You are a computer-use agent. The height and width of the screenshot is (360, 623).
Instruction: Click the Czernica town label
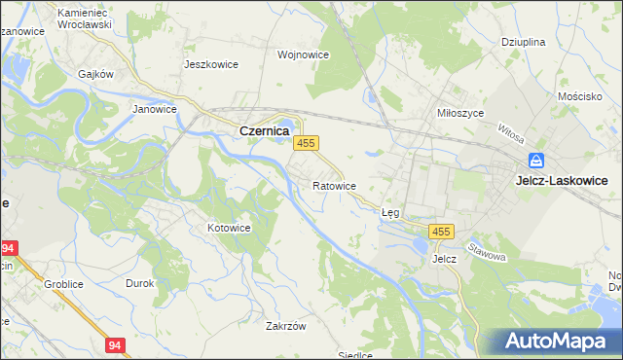pyautogui.click(x=263, y=130)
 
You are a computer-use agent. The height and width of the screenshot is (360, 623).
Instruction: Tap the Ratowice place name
pyautogui.click(x=334, y=185)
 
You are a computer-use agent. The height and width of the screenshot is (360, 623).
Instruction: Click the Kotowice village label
pyautogui.click(x=230, y=228)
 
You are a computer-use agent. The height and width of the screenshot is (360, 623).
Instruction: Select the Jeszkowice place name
pyautogui.click(x=211, y=64)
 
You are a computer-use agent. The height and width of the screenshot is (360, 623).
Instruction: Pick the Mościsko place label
pyautogui.click(x=581, y=98)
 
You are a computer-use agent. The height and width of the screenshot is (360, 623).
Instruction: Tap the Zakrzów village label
pyautogui.click(x=286, y=326)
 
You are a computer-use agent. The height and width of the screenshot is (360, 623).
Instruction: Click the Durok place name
pyautogui.click(x=140, y=283)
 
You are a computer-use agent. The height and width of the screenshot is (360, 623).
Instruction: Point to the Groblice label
pyautogui.click(x=61, y=284)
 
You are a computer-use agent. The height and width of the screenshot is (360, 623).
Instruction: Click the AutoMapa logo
pyautogui.click(x=558, y=341)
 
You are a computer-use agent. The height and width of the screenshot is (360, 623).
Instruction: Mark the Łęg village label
pyautogui.click(x=390, y=211)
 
